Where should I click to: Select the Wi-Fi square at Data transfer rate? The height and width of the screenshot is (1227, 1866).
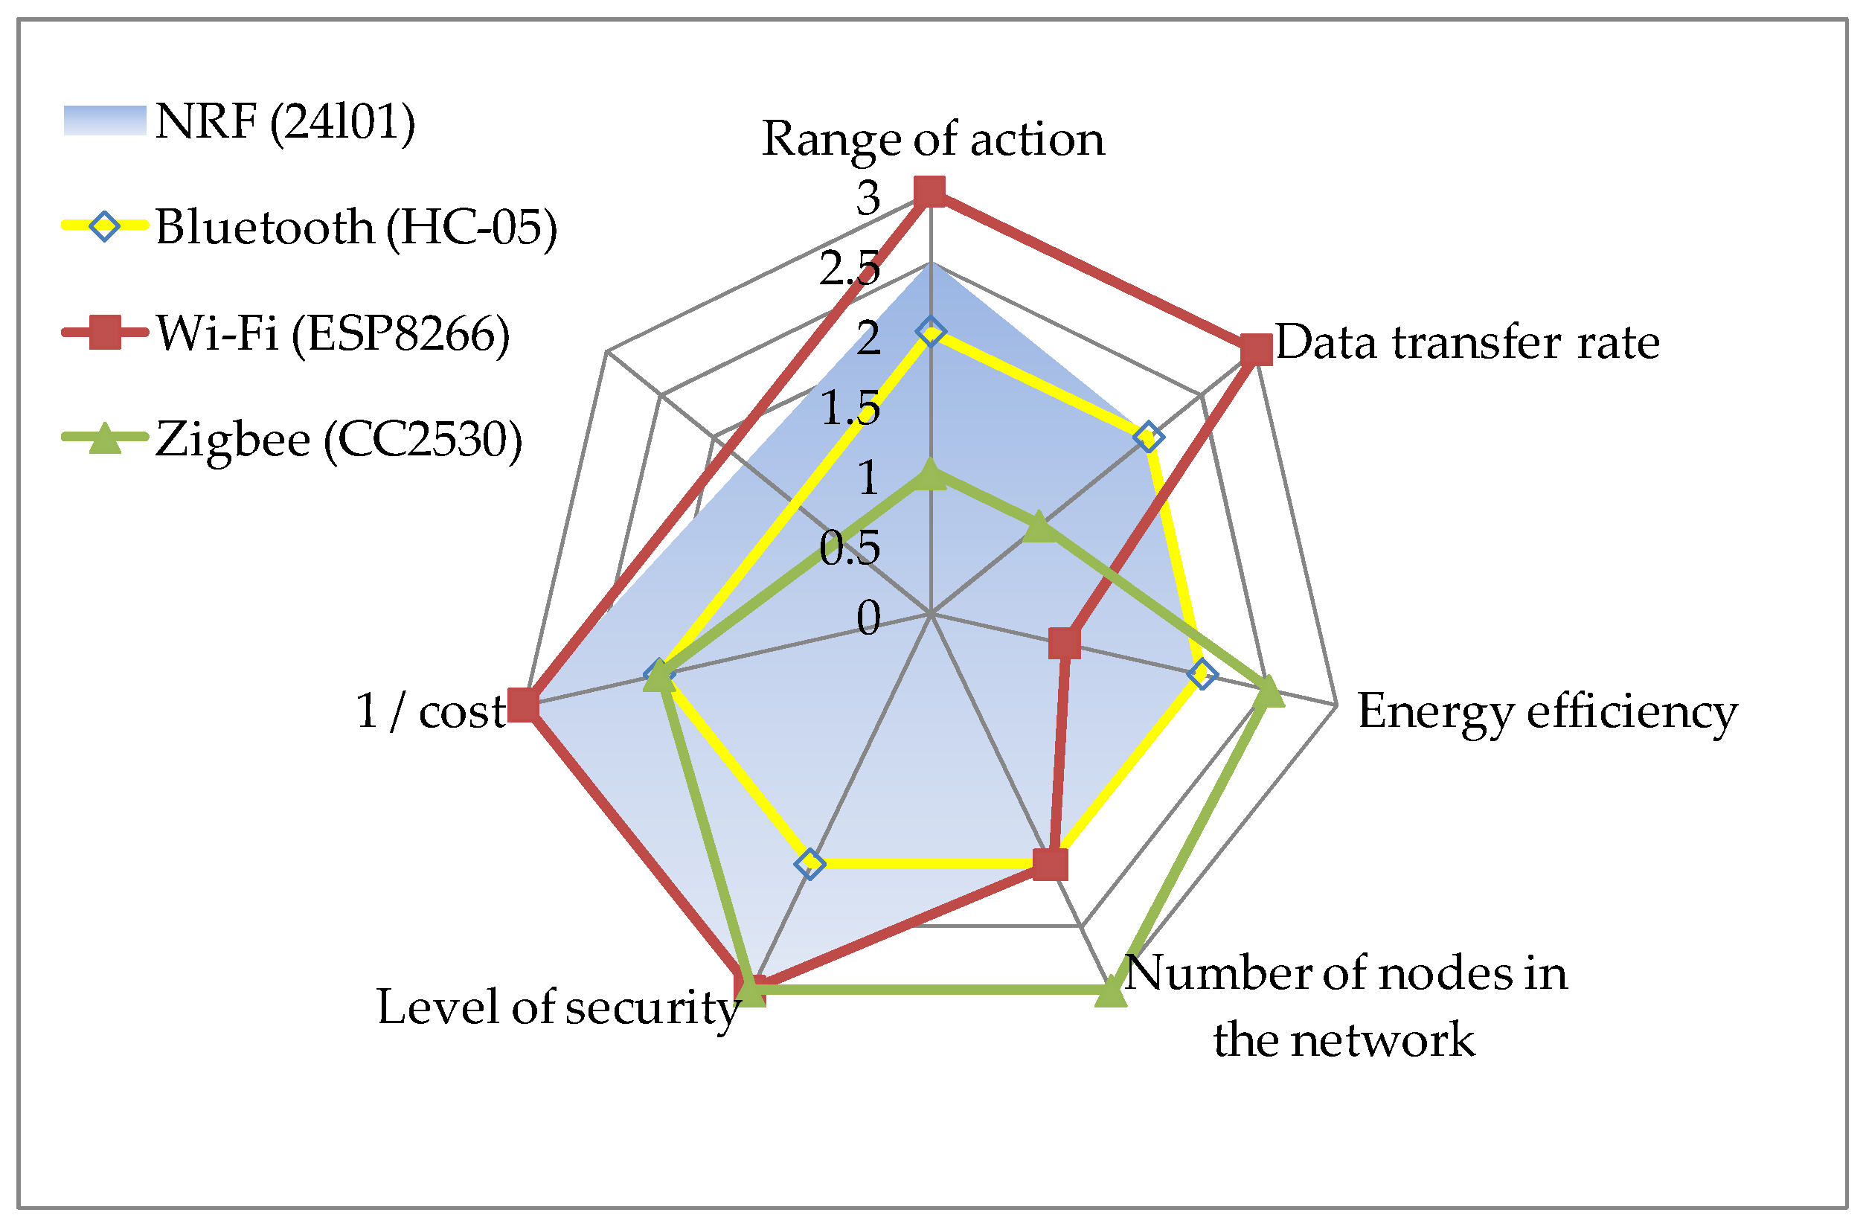pos(1256,349)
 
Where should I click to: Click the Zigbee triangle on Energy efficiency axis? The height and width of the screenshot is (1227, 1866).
pos(1269,691)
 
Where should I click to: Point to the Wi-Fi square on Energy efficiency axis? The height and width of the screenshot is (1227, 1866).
pos(1064,644)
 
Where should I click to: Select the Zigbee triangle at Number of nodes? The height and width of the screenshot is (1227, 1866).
pos(1110,992)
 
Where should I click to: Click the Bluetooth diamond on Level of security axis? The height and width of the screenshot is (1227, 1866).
pos(810,864)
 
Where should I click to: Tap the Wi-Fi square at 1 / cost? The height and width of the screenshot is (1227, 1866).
pos(523,705)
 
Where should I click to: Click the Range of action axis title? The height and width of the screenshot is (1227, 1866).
pos(933,139)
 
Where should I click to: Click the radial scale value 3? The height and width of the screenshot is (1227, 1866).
pos(867,198)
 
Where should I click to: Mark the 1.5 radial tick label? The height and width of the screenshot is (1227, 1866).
pos(850,408)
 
